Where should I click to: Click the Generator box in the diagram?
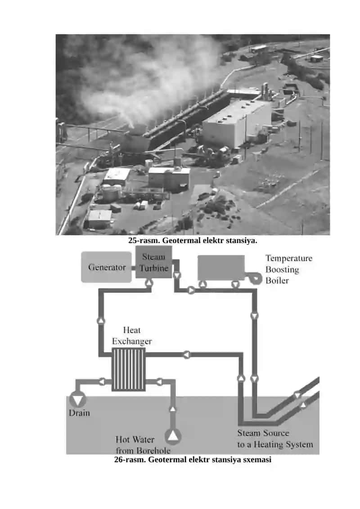pos(107,267)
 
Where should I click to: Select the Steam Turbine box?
pos(153,262)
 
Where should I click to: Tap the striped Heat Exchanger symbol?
pos(129,369)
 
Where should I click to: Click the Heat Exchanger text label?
pos(132,336)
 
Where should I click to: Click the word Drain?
pos(79,413)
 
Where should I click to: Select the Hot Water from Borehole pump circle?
pos(173,436)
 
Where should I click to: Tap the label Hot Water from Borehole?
pos(143,445)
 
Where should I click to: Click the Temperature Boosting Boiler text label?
pos(289,269)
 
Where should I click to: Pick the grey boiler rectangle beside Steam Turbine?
pos(221,267)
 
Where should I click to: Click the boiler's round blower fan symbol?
pos(255,279)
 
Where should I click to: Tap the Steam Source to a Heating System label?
pos(275,438)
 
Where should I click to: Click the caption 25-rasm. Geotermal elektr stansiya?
pos(193,240)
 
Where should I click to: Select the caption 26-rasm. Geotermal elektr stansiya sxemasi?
pos(193,459)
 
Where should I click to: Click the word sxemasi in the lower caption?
pos(257,459)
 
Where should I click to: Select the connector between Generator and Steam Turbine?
pos(133,268)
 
